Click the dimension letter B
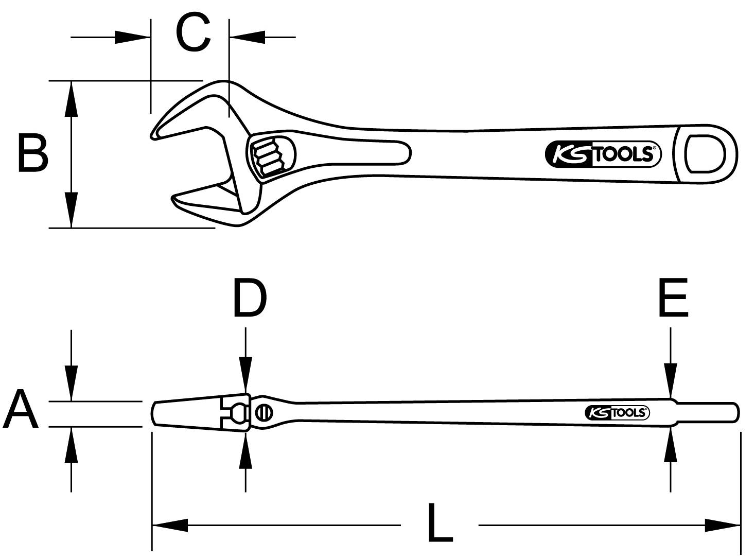click(x=33, y=153)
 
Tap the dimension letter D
click(x=250, y=299)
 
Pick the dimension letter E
click(x=673, y=299)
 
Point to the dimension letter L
click(x=440, y=524)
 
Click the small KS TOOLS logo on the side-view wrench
click(x=617, y=412)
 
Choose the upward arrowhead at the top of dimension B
click(x=72, y=98)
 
